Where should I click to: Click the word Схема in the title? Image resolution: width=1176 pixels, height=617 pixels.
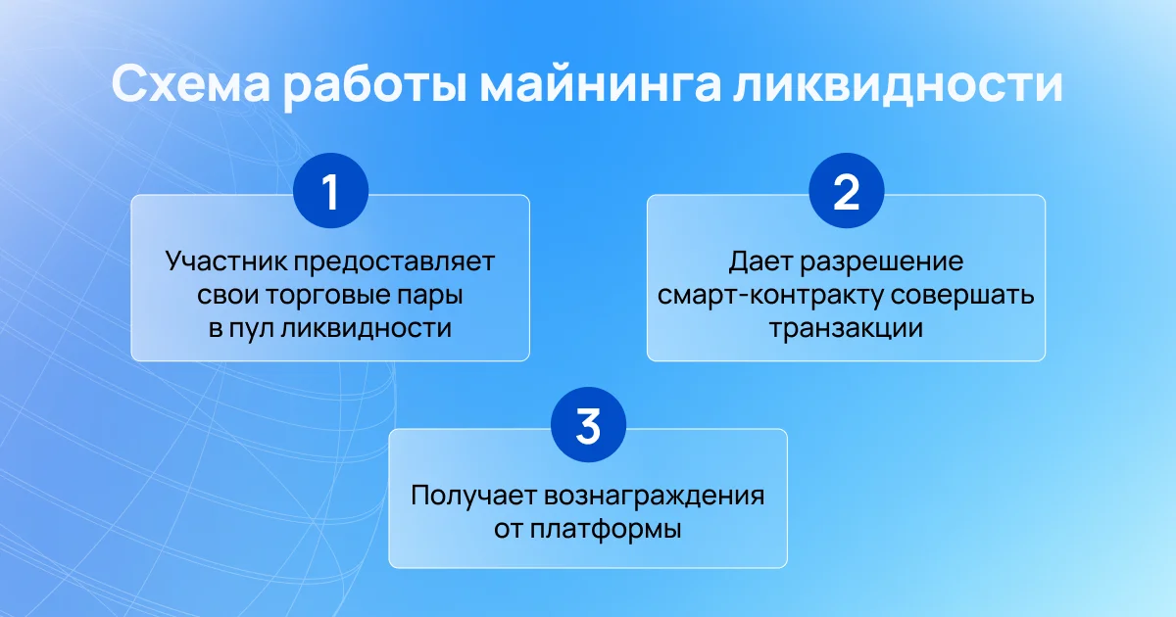[x=190, y=84]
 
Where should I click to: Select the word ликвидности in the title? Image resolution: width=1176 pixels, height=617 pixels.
[x=898, y=84]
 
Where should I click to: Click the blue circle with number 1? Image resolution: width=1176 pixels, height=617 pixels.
[x=331, y=190]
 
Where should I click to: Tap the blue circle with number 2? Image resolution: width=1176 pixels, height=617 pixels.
[x=847, y=190]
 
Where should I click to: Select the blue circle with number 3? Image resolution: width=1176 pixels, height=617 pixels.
[x=588, y=424]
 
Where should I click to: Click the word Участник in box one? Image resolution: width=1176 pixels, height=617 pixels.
[x=227, y=261]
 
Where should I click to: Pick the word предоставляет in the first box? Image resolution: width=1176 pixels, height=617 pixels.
[x=394, y=262]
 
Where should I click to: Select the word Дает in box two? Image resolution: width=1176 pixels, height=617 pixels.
[x=761, y=261]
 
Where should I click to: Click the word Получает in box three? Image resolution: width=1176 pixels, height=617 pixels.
[x=474, y=496]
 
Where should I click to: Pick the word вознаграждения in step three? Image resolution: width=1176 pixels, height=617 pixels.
[x=654, y=497]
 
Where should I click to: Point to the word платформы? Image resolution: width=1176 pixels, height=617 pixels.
[x=606, y=530]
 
